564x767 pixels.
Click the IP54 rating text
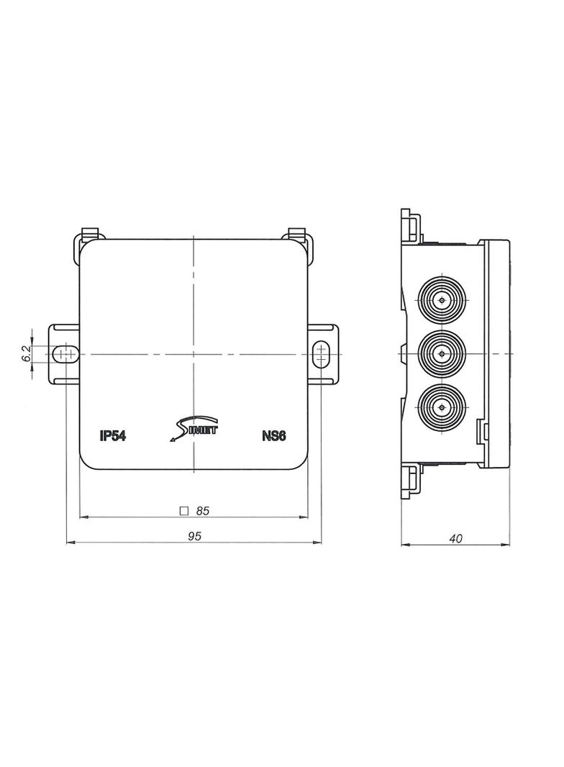(114, 435)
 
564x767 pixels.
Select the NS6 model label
(273, 435)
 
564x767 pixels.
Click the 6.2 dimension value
(27, 353)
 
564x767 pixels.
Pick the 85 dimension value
(202, 511)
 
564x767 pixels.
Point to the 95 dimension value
(194, 536)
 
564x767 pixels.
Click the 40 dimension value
(455, 537)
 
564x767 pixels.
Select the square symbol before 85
(183, 511)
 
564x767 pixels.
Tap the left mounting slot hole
(66, 354)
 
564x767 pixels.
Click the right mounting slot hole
(321, 354)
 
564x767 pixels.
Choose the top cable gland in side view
(440, 299)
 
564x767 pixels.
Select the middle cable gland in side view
(440, 353)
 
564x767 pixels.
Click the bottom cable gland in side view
(440, 408)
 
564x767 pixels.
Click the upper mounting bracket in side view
(410, 225)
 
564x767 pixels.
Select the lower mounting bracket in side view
(410, 481)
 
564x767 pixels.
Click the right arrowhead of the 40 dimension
(506, 545)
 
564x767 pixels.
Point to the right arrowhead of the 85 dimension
(305, 517)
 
